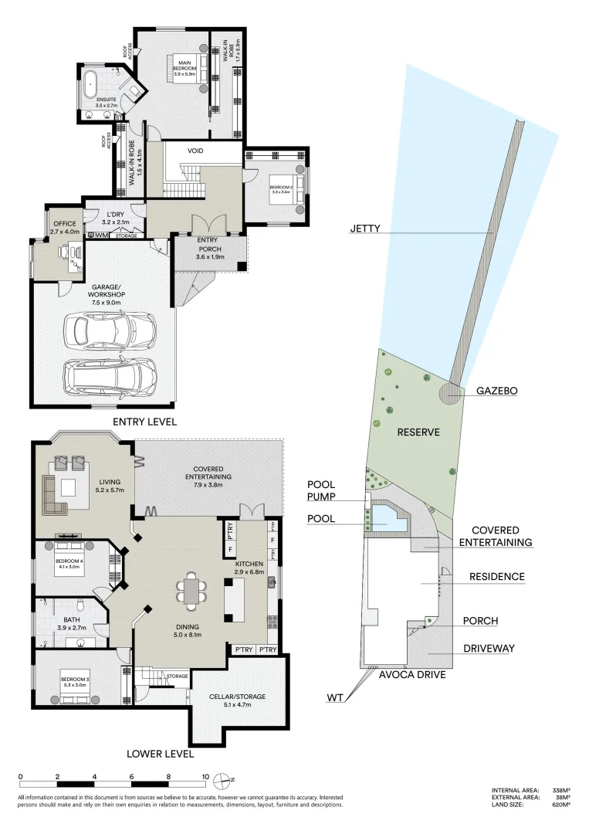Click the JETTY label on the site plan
pyautogui.click(x=367, y=229)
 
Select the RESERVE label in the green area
pyautogui.click(x=418, y=432)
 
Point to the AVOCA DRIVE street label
pyautogui.click(x=411, y=674)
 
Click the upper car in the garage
pyautogui.click(x=110, y=331)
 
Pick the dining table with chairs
pyautogui.click(x=191, y=591)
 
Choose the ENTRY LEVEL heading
pyautogui.click(x=144, y=422)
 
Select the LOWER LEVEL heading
pyautogui.click(x=160, y=754)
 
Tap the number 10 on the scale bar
pyautogui.click(x=205, y=778)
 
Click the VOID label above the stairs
pyautogui.click(x=195, y=151)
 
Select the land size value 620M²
pyautogui.click(x=561, y=805)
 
